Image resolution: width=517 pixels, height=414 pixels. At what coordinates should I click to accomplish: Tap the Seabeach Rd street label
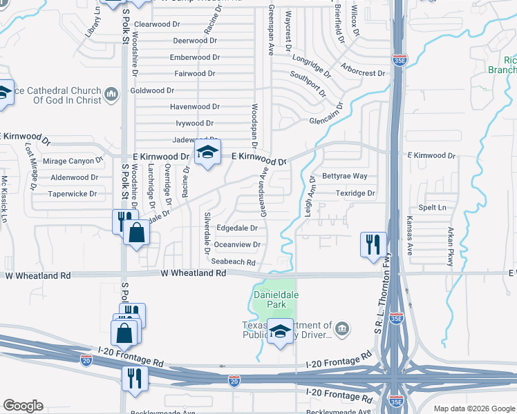[234, 262]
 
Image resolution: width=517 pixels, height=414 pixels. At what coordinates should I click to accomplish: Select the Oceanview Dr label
[237, 245]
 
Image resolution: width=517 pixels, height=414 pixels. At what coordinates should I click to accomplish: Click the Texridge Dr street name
[355, 194]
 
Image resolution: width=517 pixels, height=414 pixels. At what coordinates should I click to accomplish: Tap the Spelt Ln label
[432, 208]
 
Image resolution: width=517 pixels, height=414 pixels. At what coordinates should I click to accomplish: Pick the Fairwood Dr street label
[196, 74]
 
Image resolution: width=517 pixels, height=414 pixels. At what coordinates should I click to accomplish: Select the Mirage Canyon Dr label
[73, 161]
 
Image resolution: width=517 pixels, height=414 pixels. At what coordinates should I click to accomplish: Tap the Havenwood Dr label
[195, 107]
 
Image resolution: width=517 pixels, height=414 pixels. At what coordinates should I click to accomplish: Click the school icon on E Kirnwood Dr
[207, 154]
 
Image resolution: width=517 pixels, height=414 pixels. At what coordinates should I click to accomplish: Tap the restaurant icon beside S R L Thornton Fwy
[373, 244]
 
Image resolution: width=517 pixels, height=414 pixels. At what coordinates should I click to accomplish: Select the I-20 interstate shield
[234, 380]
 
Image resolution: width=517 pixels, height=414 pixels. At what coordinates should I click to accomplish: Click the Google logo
[23, 406]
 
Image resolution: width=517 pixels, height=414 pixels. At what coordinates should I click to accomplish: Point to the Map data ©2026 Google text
[473, 408]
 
